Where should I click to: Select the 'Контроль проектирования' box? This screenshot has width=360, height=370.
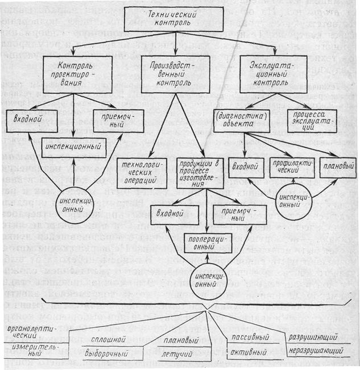(76, 72)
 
